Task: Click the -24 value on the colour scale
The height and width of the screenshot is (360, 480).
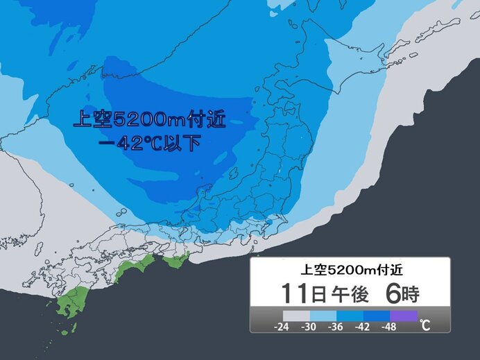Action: (262, 325)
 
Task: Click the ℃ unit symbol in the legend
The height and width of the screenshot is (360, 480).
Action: (424, 325)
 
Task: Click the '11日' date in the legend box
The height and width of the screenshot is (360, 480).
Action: (300, 293)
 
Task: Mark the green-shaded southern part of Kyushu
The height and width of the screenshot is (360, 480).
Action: (69, 305)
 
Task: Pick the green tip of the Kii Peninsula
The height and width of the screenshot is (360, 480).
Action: (176, 262)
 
